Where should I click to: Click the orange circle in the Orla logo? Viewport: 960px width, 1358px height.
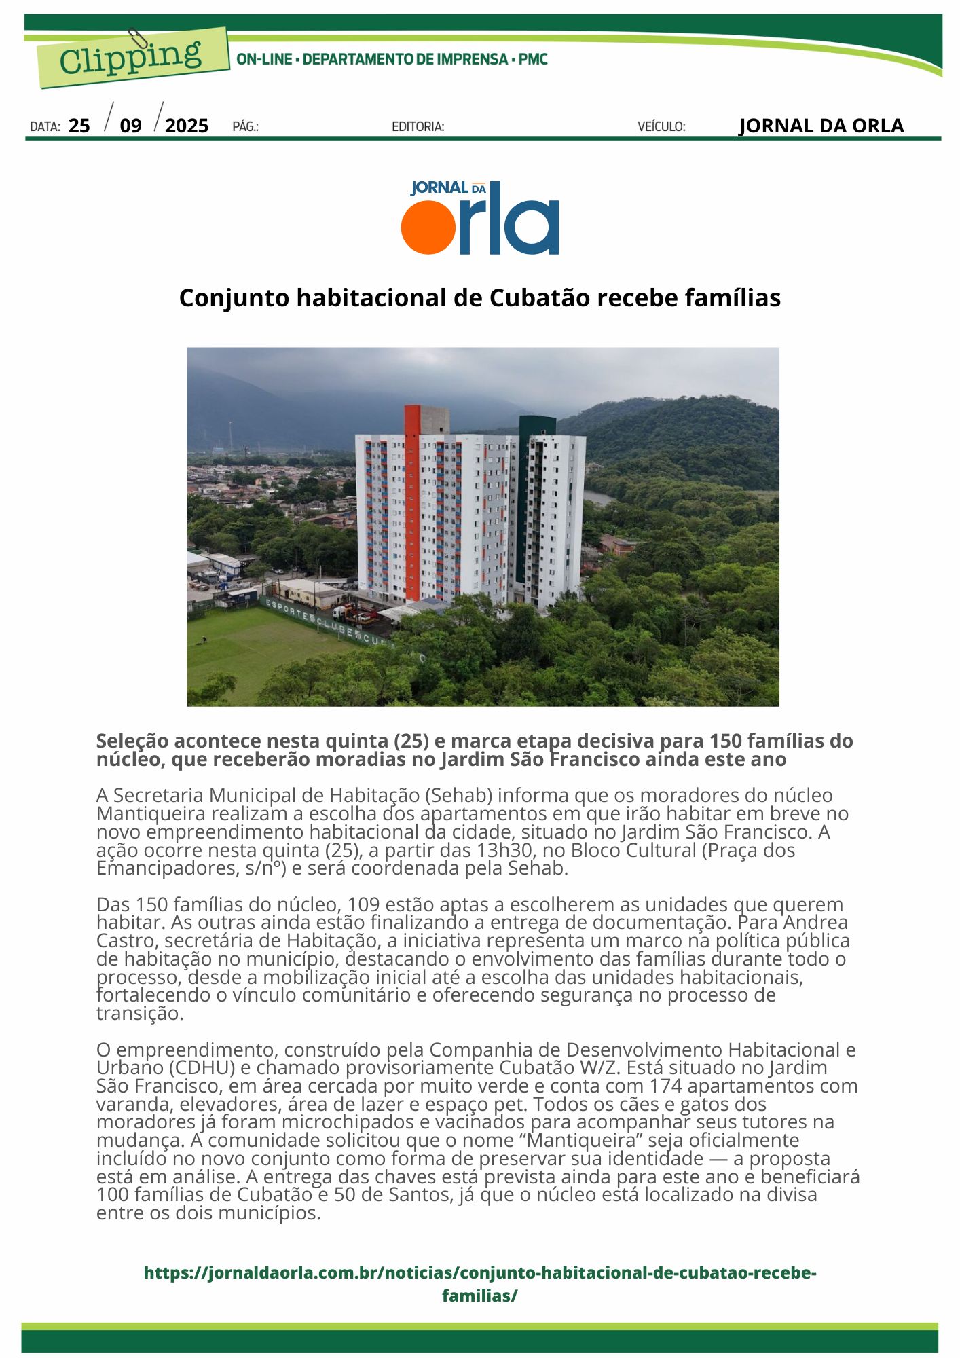pos(428,227)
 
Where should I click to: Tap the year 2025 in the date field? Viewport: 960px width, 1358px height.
pos(187,126)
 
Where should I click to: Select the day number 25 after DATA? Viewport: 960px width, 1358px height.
pos(79,126)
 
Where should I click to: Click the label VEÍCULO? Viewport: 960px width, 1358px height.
pos(661,126)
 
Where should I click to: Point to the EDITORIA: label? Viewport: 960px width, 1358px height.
pos(418,126)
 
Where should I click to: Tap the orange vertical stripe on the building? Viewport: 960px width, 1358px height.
pos(411,502)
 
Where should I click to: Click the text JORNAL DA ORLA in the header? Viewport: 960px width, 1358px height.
pos(821,126)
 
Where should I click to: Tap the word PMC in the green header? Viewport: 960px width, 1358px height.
pos(533,59)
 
